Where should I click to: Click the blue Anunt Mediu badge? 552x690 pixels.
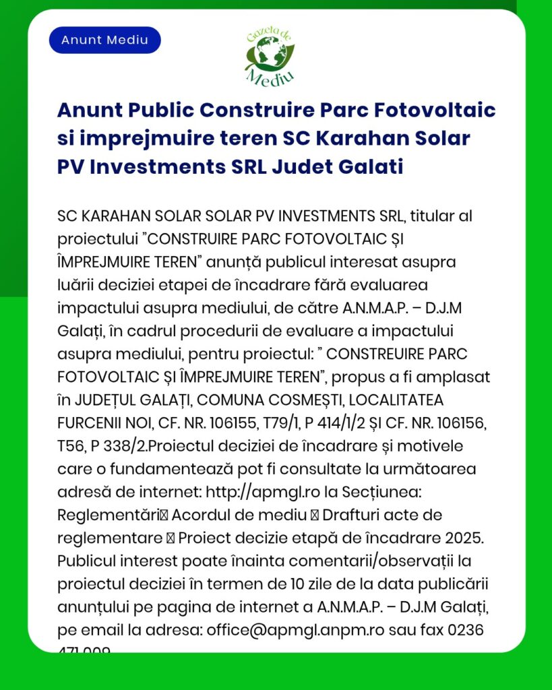coord(104,40)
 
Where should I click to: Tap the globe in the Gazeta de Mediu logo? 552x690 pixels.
coord(270,55)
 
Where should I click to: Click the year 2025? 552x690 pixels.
coord(466,539)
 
